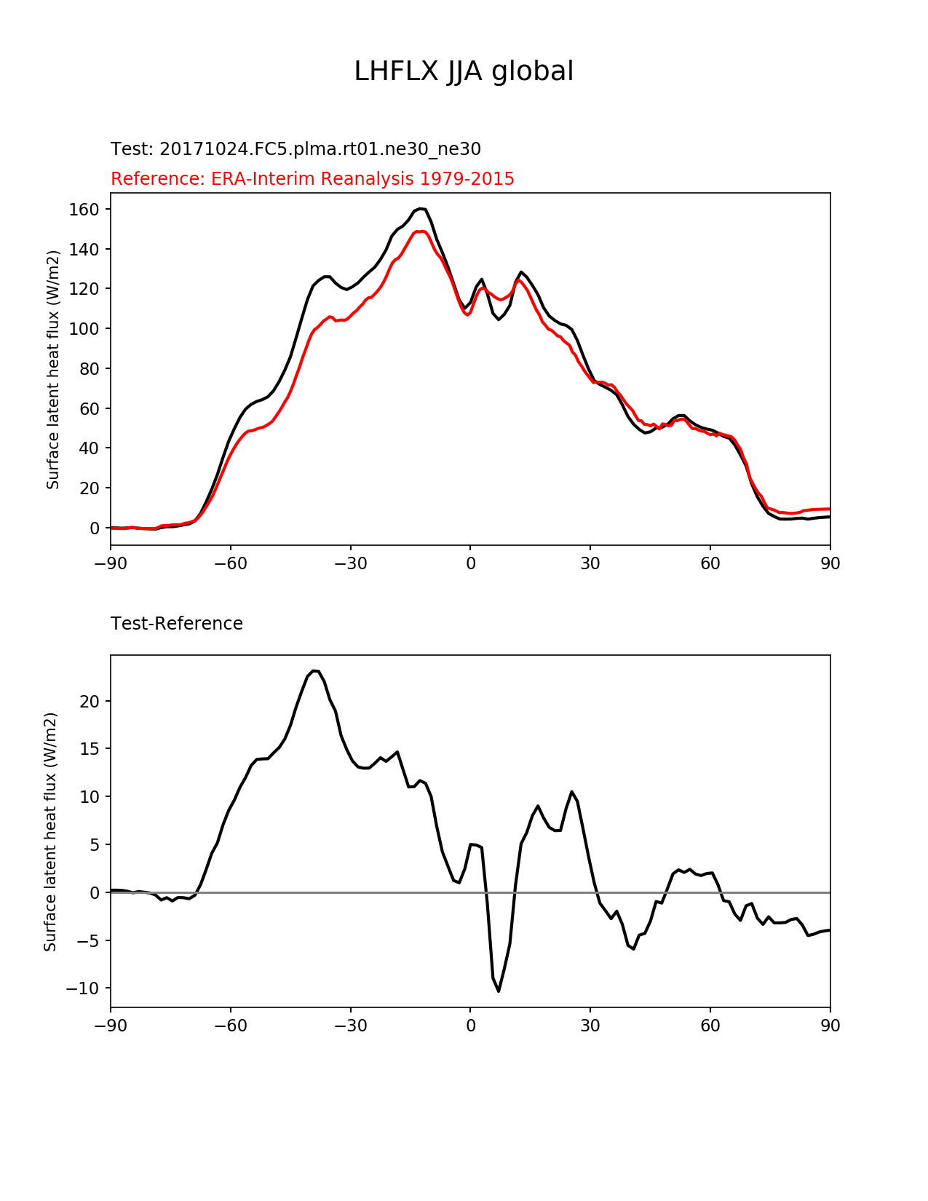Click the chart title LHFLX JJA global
(464, 71)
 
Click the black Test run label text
(296, 149)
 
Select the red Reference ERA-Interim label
(312, 179)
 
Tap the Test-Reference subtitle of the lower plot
(177, 624)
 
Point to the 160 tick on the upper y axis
(84, 210)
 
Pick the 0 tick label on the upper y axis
(95, 528)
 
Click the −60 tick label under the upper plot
(230, 563)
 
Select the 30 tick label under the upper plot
(590, 563)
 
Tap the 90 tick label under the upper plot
(830, 563)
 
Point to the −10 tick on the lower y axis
(82, 988)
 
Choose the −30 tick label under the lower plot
(350, 1026)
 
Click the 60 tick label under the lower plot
(710, 1026)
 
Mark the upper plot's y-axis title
(53, 369)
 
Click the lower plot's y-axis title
(50, 831)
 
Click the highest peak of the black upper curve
(421, 208)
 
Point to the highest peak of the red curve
(421, 231)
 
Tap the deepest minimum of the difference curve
(499, 991)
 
